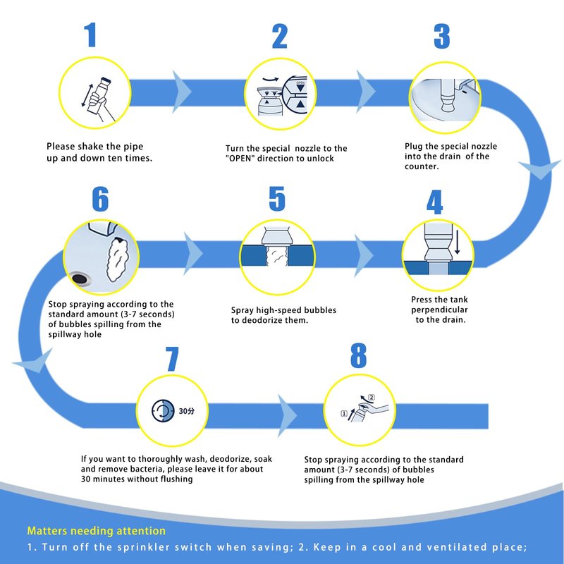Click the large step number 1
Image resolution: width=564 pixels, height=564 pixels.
coord(90,35)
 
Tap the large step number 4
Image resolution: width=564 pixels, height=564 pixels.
coord(434,203)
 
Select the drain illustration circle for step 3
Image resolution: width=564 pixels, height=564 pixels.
coord(444,94)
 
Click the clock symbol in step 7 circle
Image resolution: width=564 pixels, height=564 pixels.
coord(161,410)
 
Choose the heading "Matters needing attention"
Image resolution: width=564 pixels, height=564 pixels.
coord(97,531)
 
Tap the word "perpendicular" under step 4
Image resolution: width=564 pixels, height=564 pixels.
coord(440,309)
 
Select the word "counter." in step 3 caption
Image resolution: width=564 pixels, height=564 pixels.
coord(422,166)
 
